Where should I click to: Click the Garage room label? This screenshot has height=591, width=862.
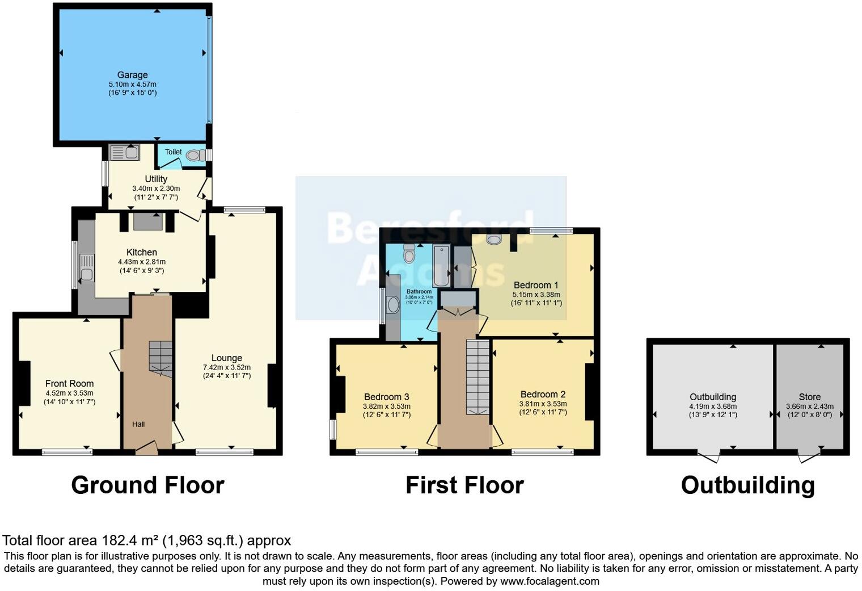tap(132, 75)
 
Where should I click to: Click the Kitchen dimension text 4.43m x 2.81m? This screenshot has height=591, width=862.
tap(142, 262)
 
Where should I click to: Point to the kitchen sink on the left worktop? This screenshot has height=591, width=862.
tap(86, 273)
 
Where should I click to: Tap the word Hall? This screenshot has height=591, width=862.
tap(138, 424)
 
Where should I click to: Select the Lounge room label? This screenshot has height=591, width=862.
tap(226, 358)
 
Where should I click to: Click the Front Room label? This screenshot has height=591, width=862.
tap(69, 384)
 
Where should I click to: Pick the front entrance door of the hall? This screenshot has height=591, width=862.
tap(146, 450)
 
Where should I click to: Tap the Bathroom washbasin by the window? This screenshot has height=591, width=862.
tap(392, 305)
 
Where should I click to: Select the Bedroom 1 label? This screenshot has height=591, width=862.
tap(536, 285)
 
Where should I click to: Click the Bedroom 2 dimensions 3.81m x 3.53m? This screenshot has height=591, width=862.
tap(543, 404)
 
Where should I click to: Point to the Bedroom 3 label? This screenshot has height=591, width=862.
tap(386, 397)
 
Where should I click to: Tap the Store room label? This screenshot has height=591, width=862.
tap(809, 397)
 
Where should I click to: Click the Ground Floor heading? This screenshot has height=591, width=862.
tap(147, 485)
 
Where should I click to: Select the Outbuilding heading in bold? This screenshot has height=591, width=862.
tap(747, 485)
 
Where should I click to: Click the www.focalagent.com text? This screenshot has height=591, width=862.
tap(550, 581)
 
